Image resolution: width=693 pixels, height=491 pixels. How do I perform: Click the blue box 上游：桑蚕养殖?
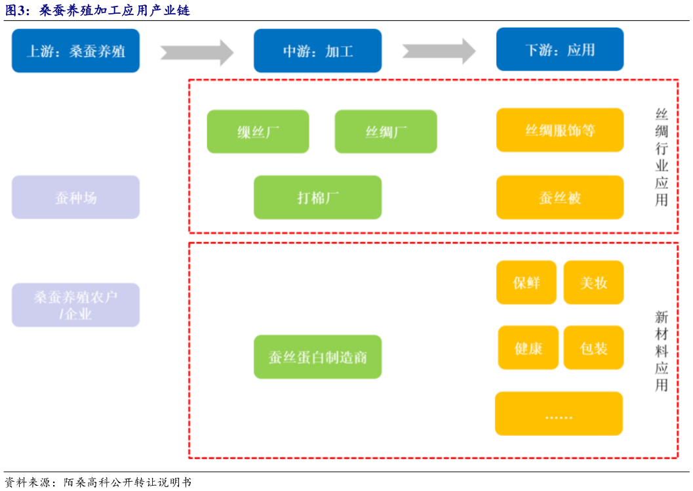pyautogui.click(x=75, y=51)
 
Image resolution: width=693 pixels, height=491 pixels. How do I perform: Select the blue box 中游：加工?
pyautogui.click(x=317, y=51)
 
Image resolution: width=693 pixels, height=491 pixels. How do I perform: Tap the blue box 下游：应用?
pyautogui.click(x=559, y=49)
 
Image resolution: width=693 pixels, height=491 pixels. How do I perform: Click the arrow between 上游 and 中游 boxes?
pyautogui.click(x=197, y=52)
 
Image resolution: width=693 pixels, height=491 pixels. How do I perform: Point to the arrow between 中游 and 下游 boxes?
pyautogui.click(x=439, y=51)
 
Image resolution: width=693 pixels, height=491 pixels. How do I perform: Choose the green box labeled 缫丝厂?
pyautogui.click(x=258, y=131)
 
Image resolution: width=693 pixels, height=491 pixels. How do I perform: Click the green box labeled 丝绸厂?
pyautogui.click(x=386, y=131)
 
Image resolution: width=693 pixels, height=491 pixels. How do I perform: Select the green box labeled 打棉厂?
pyautogui.click(x=317, y=197)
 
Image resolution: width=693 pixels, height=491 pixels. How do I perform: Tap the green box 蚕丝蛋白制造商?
pyautogui.click(x=317, y=357)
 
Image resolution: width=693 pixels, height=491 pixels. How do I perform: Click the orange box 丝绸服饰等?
pyautogui.click(x=559, y=130)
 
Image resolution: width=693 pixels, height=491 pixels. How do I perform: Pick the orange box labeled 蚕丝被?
pyautogui.click(x=559, y=197)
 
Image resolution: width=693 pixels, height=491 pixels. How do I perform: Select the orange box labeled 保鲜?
pyautogui.click(x=526, y=282)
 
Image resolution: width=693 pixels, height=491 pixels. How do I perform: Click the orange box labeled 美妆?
pyautogui.click(x=593, y=282)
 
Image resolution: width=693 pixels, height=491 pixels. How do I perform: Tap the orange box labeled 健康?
pyautogui.click(x=528, y=348)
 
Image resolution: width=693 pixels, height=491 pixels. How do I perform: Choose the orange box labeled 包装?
pyautogui.click(x=593, y=348)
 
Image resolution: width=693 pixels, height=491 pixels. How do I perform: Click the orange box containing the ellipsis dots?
pyautogui.click(x=559, y=414)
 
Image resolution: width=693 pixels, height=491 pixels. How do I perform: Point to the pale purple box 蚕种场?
pyautogui.click(x=75, y=197)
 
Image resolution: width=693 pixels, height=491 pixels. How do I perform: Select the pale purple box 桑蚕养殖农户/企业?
pyautogui.click(x=75, y=305)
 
